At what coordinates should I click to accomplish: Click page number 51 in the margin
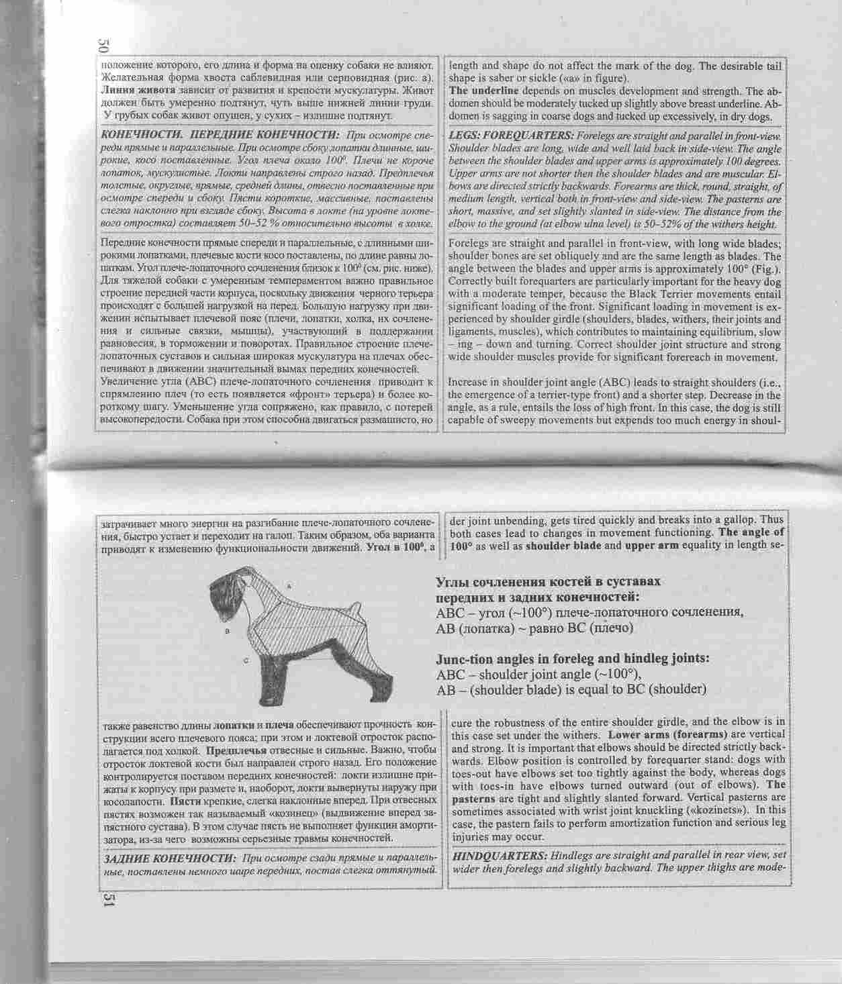coord(108,899)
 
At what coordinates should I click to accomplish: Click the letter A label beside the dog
coord(289,586)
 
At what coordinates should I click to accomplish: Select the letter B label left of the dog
coord(228,632)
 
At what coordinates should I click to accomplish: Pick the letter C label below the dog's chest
coord(246,660)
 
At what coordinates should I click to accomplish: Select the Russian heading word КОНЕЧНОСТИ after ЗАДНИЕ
coord(194,858)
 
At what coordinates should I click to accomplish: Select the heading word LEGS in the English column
coord(463,134)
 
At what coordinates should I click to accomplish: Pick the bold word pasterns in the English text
coord(475,799)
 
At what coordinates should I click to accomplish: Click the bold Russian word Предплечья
coord(234,750)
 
